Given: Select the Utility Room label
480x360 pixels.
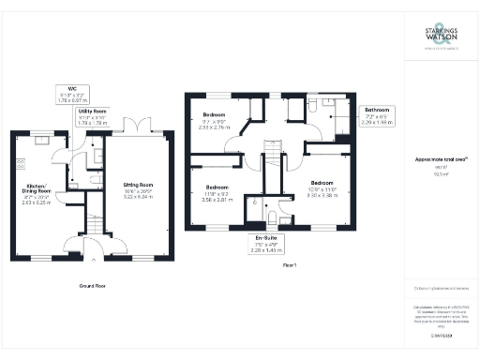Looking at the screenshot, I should pyautogui.click(x=94, y=116).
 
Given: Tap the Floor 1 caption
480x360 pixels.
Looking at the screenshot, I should pyautogui.click(x=289, y=265).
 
